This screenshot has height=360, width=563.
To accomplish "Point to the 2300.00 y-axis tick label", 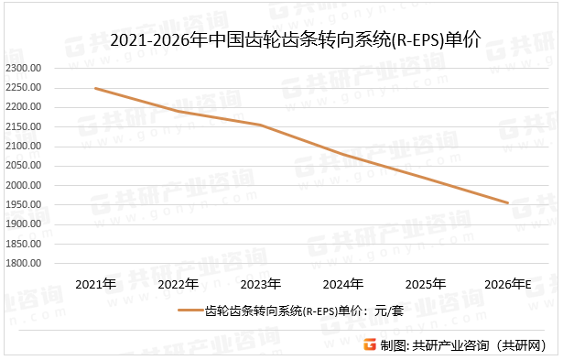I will pos(25,69).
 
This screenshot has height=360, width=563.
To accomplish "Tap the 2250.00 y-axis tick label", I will pos(25,88).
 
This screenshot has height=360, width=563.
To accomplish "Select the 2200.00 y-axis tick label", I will pos(25,107).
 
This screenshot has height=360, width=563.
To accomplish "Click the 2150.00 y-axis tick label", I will pos(25,127).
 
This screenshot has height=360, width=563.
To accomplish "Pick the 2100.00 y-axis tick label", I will pos(25,147).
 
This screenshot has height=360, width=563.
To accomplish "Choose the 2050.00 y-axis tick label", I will pos(25,166).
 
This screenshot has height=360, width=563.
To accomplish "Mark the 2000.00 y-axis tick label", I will pos(25,185).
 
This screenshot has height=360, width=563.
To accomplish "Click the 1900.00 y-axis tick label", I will pos(25,224).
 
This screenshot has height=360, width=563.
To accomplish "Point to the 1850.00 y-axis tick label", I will pos(25,244).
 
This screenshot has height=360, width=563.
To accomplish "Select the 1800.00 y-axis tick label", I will pos(25,263).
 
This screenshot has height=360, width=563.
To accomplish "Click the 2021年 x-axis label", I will pos(95,284).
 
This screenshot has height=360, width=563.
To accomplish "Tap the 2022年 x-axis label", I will pos(178,284).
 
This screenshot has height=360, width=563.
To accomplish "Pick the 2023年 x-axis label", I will pos(261,284).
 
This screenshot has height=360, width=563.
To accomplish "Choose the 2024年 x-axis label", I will pos(343,284).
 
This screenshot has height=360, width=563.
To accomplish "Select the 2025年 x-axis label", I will pos(426,284).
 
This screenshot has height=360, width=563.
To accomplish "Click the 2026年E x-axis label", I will pos(508,284).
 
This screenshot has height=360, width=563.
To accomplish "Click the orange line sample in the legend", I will pos(189,312).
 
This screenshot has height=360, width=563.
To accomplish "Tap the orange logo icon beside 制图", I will pos(370,345).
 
